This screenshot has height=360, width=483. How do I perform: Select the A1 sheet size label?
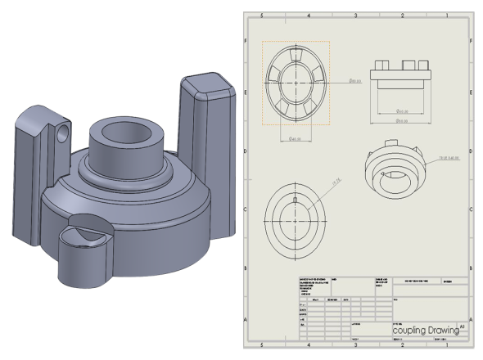463,325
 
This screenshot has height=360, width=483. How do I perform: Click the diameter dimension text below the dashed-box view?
295,139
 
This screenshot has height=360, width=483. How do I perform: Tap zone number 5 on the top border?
261,15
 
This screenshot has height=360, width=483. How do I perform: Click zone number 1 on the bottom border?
447,344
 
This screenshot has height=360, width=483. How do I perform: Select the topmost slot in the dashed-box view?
295,52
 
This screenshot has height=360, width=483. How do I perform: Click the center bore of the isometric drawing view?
394,172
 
